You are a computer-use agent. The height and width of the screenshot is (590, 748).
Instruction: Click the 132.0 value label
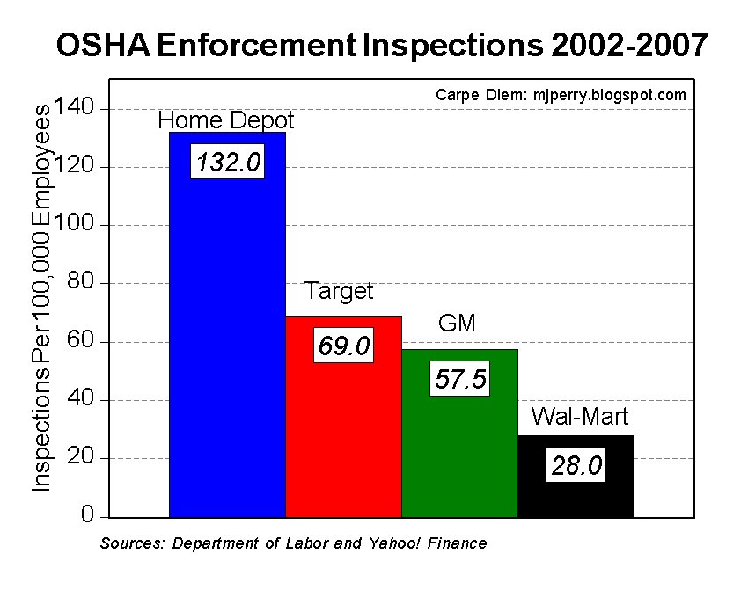(227, 163)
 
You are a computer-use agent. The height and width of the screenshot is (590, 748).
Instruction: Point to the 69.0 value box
(343, 346)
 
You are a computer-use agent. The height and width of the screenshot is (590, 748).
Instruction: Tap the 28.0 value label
(576, 466)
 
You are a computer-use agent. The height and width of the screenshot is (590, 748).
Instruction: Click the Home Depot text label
(226, 120)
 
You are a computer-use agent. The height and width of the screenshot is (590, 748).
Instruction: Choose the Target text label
(339, 291)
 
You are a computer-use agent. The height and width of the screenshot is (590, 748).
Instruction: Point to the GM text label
(457, 324)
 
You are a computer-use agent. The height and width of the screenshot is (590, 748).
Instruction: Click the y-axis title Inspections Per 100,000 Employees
(42, 297)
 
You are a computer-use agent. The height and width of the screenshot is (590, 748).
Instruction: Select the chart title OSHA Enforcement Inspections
(381, 45)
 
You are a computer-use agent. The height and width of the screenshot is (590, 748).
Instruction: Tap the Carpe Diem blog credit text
(561, 95)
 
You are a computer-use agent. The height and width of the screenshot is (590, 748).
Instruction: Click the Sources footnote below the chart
(293, 543)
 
